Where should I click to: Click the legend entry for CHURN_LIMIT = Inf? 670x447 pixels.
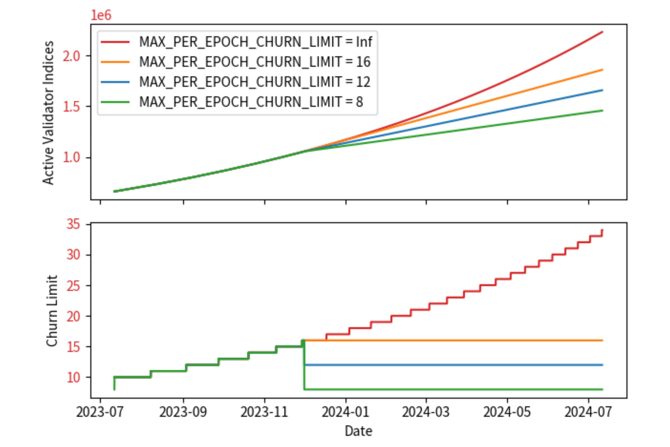(255, 42)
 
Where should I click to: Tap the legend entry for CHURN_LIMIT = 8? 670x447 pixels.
(251, 102)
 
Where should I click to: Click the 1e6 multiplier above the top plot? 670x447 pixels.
(101, 15)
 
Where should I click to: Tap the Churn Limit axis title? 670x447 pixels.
(52, 311)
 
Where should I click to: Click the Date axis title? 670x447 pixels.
(358, 431)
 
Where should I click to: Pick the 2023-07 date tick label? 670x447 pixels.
(100, 412)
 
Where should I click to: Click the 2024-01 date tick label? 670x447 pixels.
(345, 412)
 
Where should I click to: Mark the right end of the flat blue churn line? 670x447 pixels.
(602, 365)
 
